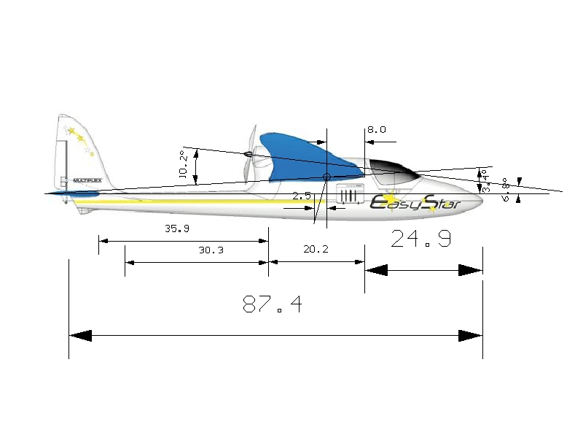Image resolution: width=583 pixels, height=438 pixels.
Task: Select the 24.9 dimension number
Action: pos(420,238)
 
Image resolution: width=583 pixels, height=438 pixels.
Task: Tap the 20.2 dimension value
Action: pos(316,249)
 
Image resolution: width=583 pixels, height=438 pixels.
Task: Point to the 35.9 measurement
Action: pos(176,228)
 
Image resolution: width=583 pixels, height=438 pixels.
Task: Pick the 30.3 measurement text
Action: pos(211,250)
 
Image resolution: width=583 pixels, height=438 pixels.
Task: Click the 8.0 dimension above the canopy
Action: pos(376,130)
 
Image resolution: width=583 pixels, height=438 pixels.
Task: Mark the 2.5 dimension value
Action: pos(302,196)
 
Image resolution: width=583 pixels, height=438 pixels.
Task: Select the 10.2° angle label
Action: pos(184,165)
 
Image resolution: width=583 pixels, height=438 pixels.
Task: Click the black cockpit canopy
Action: pos(390,170)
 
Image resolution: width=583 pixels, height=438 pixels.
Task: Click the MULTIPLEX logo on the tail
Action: pos(87,180)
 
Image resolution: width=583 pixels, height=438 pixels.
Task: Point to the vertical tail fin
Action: pos(77,150)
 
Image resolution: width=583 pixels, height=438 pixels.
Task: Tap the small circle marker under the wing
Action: pos(326,177)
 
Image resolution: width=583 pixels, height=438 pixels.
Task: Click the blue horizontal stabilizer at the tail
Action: pos(77,194)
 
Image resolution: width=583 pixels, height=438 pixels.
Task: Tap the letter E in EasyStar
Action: pos(380,202)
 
